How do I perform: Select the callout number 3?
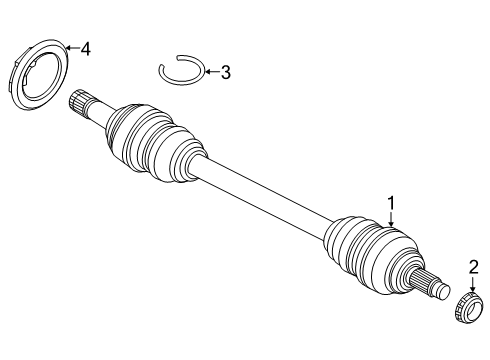(225, 71)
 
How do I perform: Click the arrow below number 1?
(391, 221)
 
